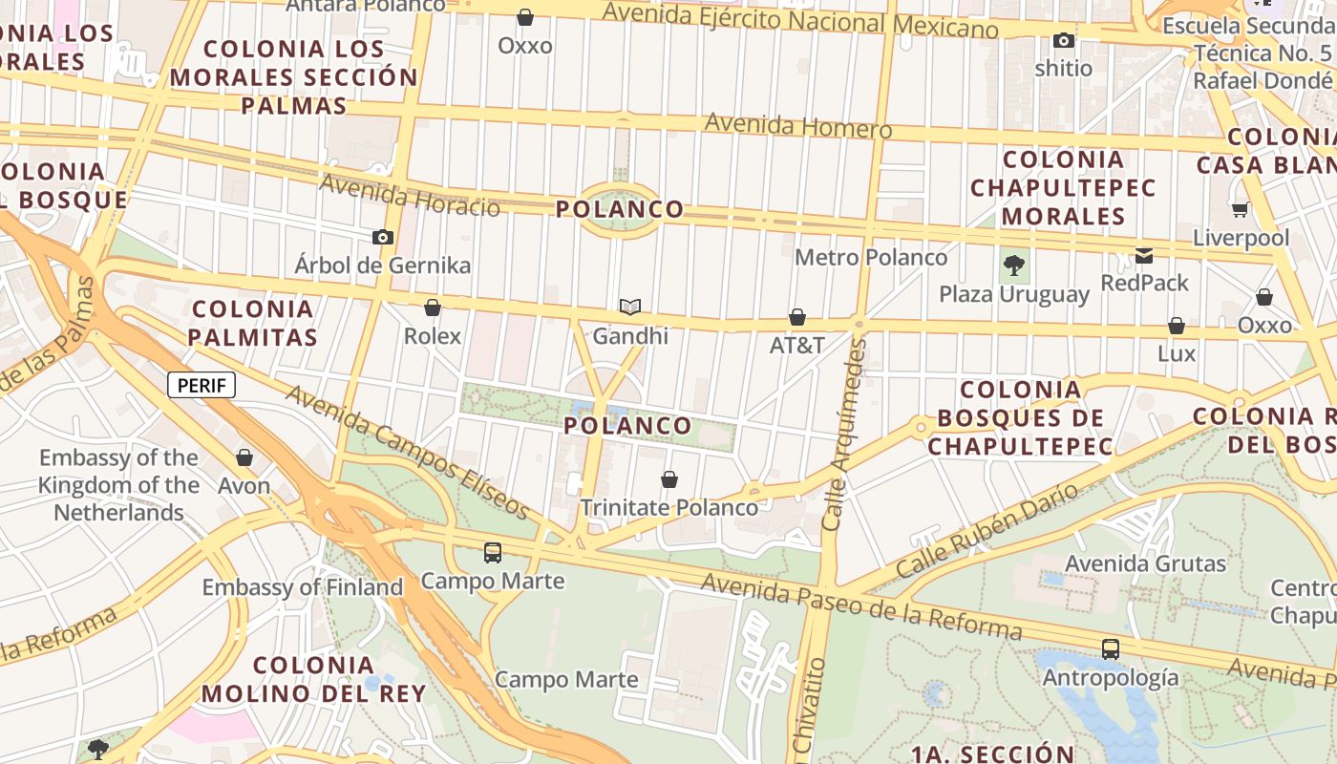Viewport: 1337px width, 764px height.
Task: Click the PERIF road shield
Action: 202,385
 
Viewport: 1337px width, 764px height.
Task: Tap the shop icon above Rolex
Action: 433,308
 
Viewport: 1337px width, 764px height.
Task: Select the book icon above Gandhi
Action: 629,307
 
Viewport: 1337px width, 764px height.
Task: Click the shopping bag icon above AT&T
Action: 797,317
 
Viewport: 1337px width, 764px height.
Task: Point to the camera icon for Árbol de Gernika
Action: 383,237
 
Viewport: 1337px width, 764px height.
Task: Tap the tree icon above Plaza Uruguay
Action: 1014,265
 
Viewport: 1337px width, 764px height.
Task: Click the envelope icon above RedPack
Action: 1144,255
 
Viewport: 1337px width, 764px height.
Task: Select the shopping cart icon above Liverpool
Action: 1240,209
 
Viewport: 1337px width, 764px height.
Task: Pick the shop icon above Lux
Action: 1177,326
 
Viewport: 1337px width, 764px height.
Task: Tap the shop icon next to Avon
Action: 244,457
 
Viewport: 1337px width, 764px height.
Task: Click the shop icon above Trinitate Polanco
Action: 669,478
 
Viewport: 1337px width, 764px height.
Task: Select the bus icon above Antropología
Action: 1110,649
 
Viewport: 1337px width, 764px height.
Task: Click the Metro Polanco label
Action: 871,257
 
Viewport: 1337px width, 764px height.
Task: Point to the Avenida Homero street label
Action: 798,126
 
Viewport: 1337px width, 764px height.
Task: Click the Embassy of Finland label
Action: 302,587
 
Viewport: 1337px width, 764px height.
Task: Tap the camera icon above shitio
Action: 1064,40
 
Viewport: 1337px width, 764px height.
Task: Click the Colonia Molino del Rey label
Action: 313,679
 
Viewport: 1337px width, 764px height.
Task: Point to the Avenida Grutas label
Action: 1145,563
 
